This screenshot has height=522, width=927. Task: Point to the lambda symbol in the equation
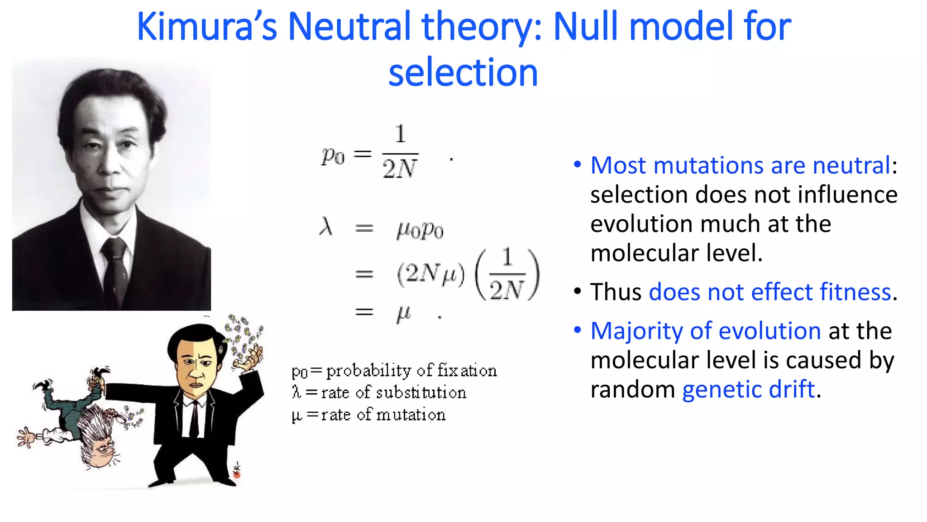click(326, 226)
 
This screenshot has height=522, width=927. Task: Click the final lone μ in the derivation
click(403, 313)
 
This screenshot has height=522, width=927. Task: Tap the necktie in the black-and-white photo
click(115, 272)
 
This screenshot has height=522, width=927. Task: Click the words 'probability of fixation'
click(411, 371)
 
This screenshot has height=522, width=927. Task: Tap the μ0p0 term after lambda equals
click(420, 230)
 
